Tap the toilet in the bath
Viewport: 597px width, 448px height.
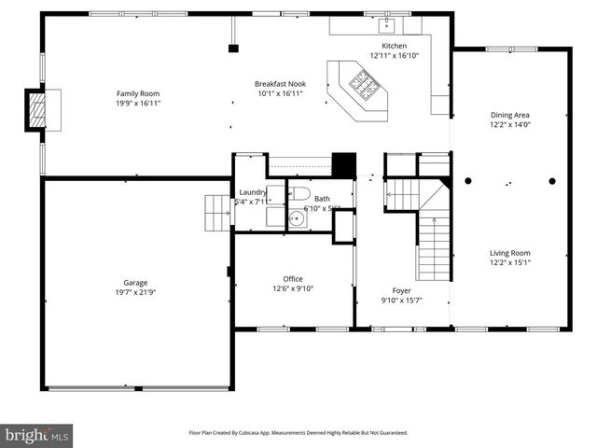pos(299,194)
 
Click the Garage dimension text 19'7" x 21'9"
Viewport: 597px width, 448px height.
pos(136,293)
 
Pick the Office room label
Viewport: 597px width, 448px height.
pos(293,278)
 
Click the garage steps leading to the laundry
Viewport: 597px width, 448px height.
pos(216,212)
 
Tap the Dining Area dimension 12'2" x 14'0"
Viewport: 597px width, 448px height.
pos(510,125)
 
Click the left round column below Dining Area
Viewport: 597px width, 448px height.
pos(468,181)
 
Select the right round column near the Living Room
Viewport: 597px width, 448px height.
pos(552,181)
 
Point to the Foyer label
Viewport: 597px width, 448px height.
pos(401,289)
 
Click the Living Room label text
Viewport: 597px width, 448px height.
pos(510,252)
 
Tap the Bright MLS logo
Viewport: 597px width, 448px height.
pos(37,435)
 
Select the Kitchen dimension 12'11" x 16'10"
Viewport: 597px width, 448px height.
pos(394,56)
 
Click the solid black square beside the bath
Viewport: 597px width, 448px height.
pos(345,164)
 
